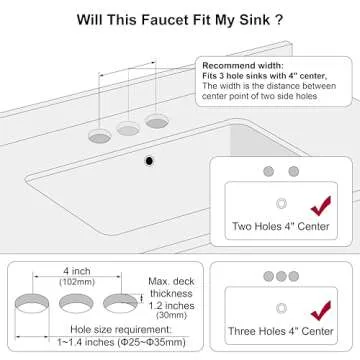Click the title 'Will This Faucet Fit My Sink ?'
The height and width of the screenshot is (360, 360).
(179, 19)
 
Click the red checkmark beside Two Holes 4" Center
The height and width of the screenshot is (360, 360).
(320, 208)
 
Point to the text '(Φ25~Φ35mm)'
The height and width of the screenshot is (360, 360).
(131, 344)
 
